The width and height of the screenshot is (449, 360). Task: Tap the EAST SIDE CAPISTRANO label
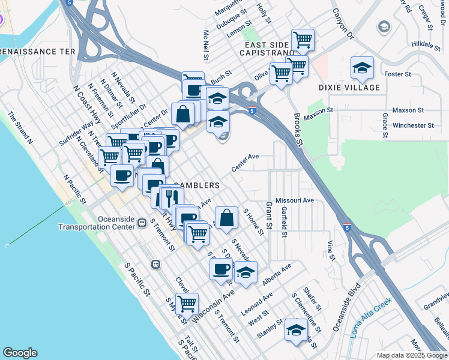pyautogui.click(x=267, y=49)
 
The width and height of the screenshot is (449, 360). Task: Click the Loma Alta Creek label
pyautogui.click(x=371, y=316)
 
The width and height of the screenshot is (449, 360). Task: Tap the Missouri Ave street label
pyautogui.click(x=295, y=200)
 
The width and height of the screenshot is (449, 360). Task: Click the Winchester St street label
pyautogui.click(x=412, y=125)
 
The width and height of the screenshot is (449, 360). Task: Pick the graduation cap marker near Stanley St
pyautogui.click(x=295, y=330)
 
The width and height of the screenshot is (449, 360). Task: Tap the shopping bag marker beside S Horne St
pyautogui.click(x=226, y=218)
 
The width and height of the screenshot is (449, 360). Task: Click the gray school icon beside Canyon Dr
pyautogui.click(x=382, y=26)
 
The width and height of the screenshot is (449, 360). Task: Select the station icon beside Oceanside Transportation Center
pyautogui.click(x=142, y=223)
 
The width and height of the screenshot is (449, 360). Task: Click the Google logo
pyautogui.click(x=20, y=353)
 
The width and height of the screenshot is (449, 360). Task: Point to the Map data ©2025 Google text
pyautogui.click(x=412, y=355)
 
